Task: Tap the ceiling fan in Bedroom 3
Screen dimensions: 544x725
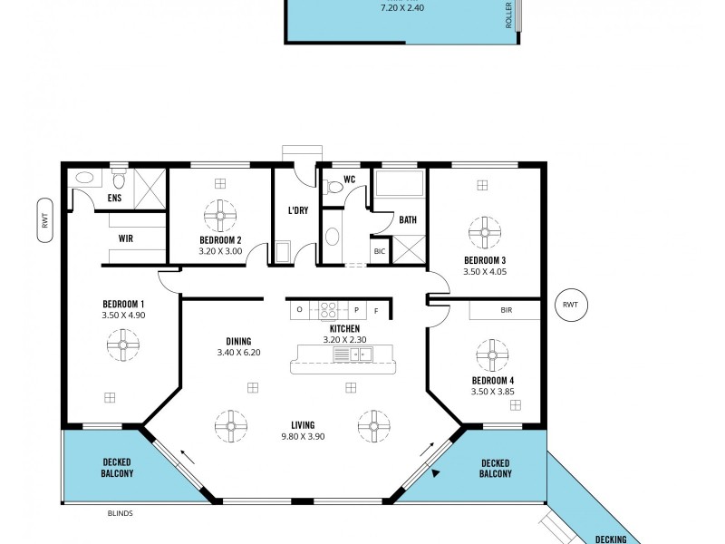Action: click(x=484, y=231)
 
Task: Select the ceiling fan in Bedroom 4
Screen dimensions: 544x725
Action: click(x=493, y=355)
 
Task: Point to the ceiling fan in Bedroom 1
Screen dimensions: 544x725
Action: click(x=122, y=345)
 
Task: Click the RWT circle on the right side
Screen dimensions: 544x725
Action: click(x=569, y=305)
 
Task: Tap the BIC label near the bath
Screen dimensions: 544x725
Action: click(x=379, y=251)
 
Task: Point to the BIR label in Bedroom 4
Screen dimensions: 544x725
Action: click(x=506, y=310)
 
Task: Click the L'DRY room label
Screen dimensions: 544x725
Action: click(x=297, y=211)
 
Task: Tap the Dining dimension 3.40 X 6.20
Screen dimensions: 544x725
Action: click(x=238, y=353)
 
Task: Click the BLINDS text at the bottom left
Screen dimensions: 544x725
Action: click(x=120, y=513)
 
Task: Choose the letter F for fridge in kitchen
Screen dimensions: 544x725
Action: click(x=376, y=311)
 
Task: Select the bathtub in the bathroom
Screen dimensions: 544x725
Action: click(x=400, y=187)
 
